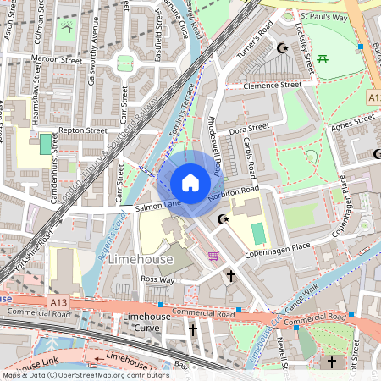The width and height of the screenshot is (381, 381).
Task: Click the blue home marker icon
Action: pyautogui.click(x=190, y=183)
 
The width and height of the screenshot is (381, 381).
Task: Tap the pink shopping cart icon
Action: pyautogui.click(x=213, y=256)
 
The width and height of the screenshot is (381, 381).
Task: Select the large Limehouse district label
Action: pyautogui.click(x=141, y=259)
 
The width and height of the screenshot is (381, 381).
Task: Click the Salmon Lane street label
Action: pyautogui.click(x=158, y=205)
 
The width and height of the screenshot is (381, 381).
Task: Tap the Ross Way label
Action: pyautogui.click(x=157, y=279)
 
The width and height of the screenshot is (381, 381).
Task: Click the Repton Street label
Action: pyautogui.click(x=82, y=131)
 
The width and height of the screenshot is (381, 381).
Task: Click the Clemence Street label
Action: pyautogui.click(x=272, y=86)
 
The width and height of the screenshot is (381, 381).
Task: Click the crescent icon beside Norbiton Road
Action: pyautogui.click(x=223, y=219)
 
